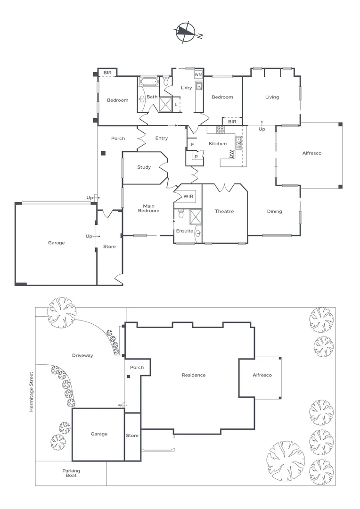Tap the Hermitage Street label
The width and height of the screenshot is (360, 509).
(32, 392)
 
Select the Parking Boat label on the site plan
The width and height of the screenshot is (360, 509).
(71, 473)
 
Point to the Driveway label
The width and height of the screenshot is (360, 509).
(82, 355)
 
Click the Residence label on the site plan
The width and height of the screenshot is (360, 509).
(194, 375)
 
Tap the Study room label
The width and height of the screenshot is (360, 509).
(144, 167)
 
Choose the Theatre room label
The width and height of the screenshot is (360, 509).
(224, 211)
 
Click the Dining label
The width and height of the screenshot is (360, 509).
(274, 211)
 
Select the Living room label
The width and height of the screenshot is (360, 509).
(272, 97)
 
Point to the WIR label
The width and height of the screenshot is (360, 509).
(188, 196)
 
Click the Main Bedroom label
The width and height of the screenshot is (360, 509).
(148, 208)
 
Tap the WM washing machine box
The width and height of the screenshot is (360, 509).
(198, 75)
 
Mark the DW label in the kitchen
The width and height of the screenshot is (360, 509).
(231, 154)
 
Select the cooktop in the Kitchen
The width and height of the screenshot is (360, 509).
(220, 129)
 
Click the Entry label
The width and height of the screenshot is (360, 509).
(162, 138)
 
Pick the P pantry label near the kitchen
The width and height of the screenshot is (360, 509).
(195, 156)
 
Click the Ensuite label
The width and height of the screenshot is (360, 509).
(184, 231)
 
